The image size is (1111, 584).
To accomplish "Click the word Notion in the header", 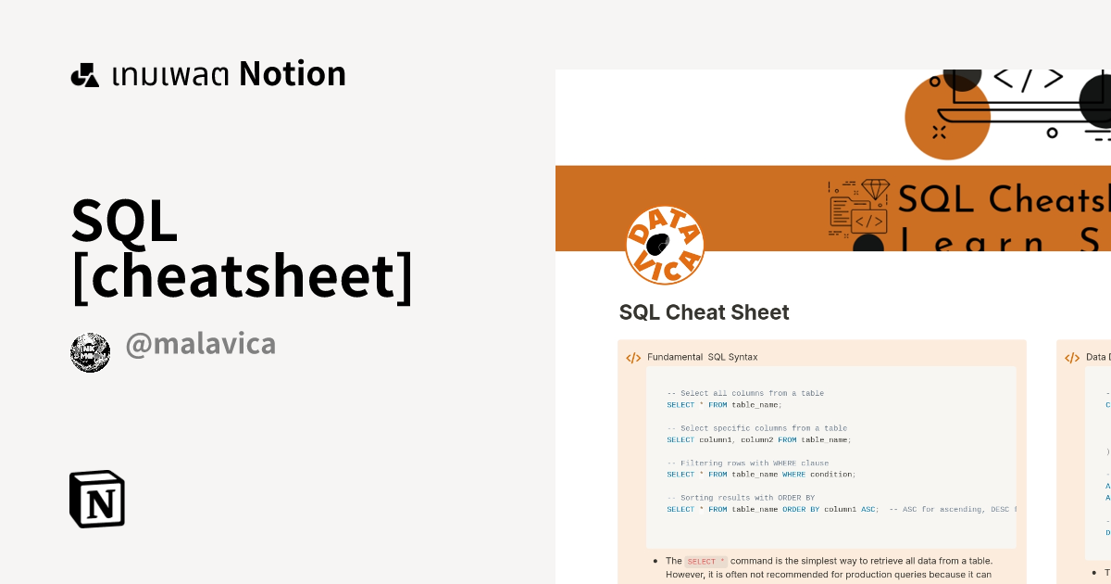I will click(x=293, y=74).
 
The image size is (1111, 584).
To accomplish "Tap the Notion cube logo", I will click(x=97, y=499).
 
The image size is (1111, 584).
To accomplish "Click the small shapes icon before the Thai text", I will click(x=85, y=75).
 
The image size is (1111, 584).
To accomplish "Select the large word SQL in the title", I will click(x=125, y=221).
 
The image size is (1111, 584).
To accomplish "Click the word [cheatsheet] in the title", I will click(x=242, y=276).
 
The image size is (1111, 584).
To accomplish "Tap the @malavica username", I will click(x=200, y=345).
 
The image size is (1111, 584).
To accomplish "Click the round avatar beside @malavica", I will click(x=91, y=352).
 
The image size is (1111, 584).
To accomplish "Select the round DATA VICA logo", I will click(x=665, y=246).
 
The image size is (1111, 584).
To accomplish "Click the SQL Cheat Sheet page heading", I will click(x=704, y=312).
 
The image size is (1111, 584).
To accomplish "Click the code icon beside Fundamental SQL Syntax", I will click(x=633, y=358).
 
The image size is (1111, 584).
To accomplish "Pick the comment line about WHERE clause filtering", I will click(x=748, y=463).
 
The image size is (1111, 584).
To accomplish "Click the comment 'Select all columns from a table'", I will click(x=745, y=393).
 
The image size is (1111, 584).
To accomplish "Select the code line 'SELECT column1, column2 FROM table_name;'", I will click(x=758, y=439).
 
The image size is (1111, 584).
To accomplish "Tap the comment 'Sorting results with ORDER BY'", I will click(x=741, y=498).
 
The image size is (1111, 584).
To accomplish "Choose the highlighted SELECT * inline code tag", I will click(x=705, y=561).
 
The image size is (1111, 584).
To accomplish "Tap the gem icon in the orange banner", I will click(x=875, y=190).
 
